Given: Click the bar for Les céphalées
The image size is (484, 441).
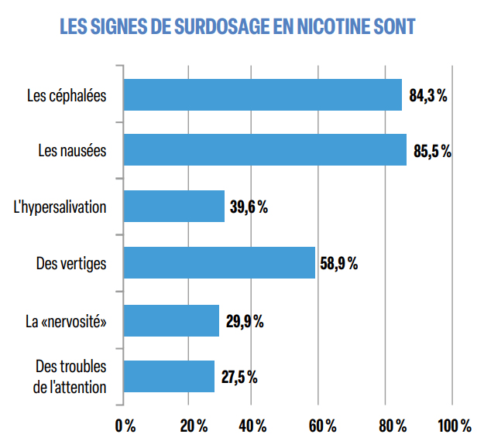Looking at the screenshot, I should click(263, 95).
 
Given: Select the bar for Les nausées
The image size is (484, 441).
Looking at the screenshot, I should click(265, 150).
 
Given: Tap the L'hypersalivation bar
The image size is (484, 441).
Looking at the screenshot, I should click(174, 207).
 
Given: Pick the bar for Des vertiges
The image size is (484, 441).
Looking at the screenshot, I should click(219, 263).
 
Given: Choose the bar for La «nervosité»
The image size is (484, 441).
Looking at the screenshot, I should click(171, 320).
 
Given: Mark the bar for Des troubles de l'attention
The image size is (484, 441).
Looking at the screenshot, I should click(169, 376).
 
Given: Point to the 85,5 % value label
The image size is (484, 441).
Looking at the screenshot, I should click(432, 151).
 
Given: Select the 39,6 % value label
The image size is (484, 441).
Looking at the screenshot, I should click(249, 207).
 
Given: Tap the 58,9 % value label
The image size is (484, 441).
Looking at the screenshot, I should click(338, 264).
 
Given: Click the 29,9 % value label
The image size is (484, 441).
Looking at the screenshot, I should click(245, 321).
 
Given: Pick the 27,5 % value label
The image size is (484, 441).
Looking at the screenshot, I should click(239, 377).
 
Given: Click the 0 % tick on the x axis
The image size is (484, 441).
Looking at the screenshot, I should click(125, 426).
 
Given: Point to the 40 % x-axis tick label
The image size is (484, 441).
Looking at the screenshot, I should click(252, 426).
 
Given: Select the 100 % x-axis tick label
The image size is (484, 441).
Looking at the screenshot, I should click(454, 426).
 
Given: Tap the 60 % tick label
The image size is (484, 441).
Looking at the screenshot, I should click(321, 426).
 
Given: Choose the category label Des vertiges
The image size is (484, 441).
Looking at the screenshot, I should click(71, 264).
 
